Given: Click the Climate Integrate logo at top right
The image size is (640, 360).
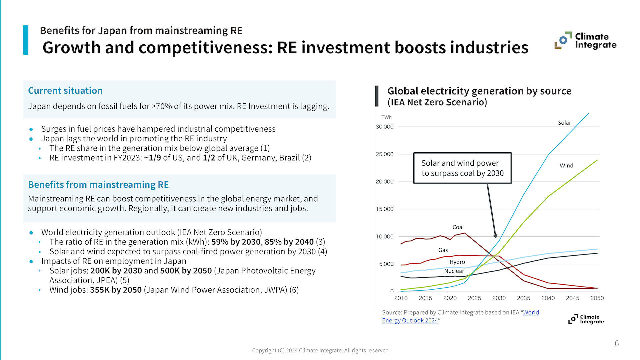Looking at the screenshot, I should click(x=585, y=41).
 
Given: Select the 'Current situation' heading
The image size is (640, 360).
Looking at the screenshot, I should click(x=65, y=91).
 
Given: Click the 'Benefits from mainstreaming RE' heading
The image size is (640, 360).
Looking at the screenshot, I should click(x=98, y=185).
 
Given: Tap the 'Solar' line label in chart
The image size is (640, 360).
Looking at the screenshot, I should click(x=564, y=123).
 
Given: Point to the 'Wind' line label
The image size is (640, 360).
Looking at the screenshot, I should click(x=566, y=165).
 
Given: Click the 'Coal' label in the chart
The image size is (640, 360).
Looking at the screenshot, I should click(x=458, y=227).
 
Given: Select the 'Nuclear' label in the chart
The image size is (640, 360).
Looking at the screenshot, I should click(x=454, y=271).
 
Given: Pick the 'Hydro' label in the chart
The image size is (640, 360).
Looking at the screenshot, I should click(x=457, y=262).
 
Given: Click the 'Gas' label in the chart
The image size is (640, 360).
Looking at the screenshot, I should click(x=443, y=250).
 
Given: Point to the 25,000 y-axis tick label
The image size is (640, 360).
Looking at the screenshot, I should click(x=384, y=154).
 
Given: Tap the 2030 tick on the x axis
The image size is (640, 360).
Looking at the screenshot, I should click(x=499, y=298).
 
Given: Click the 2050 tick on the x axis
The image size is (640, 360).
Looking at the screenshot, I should click(x=597, y=298).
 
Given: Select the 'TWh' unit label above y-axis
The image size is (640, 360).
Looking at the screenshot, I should click(x=386, y=117).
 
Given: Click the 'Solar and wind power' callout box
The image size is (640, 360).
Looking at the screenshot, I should click(x=462, y=168).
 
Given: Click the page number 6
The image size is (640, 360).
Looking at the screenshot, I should click(x=616, y=343).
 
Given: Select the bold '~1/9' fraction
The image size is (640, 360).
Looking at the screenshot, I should click(x=152, y=158).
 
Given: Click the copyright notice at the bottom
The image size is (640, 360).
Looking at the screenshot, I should click(x=320, y=350).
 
